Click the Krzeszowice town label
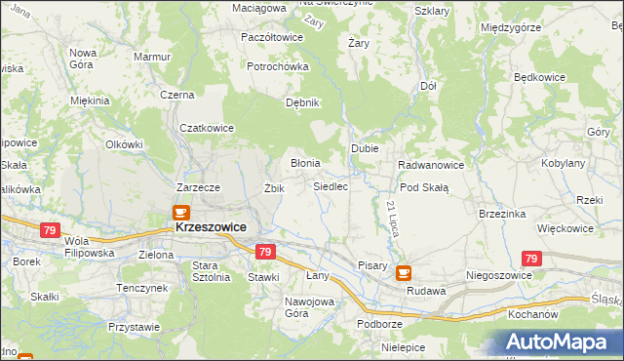click(x=211, y=226)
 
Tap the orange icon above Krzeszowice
click(x=180, y=211)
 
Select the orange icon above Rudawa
click(x=405, y=274)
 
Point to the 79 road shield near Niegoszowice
click(x=530, y=259)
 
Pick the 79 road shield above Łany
click(x=264, y=252)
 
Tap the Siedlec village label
click(x=331, y=185)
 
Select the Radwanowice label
click(x=431, y=165)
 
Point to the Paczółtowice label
click(x=271, y=37)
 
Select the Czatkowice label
click(x=208, y=127)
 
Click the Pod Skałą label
click(x=423, y=187)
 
